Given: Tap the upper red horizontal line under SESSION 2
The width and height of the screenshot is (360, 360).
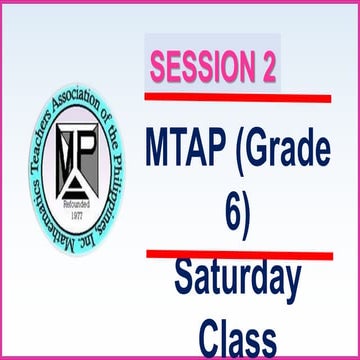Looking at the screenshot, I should [x=237, y=98].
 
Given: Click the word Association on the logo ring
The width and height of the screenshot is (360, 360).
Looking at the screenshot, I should [x=78, y=101].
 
